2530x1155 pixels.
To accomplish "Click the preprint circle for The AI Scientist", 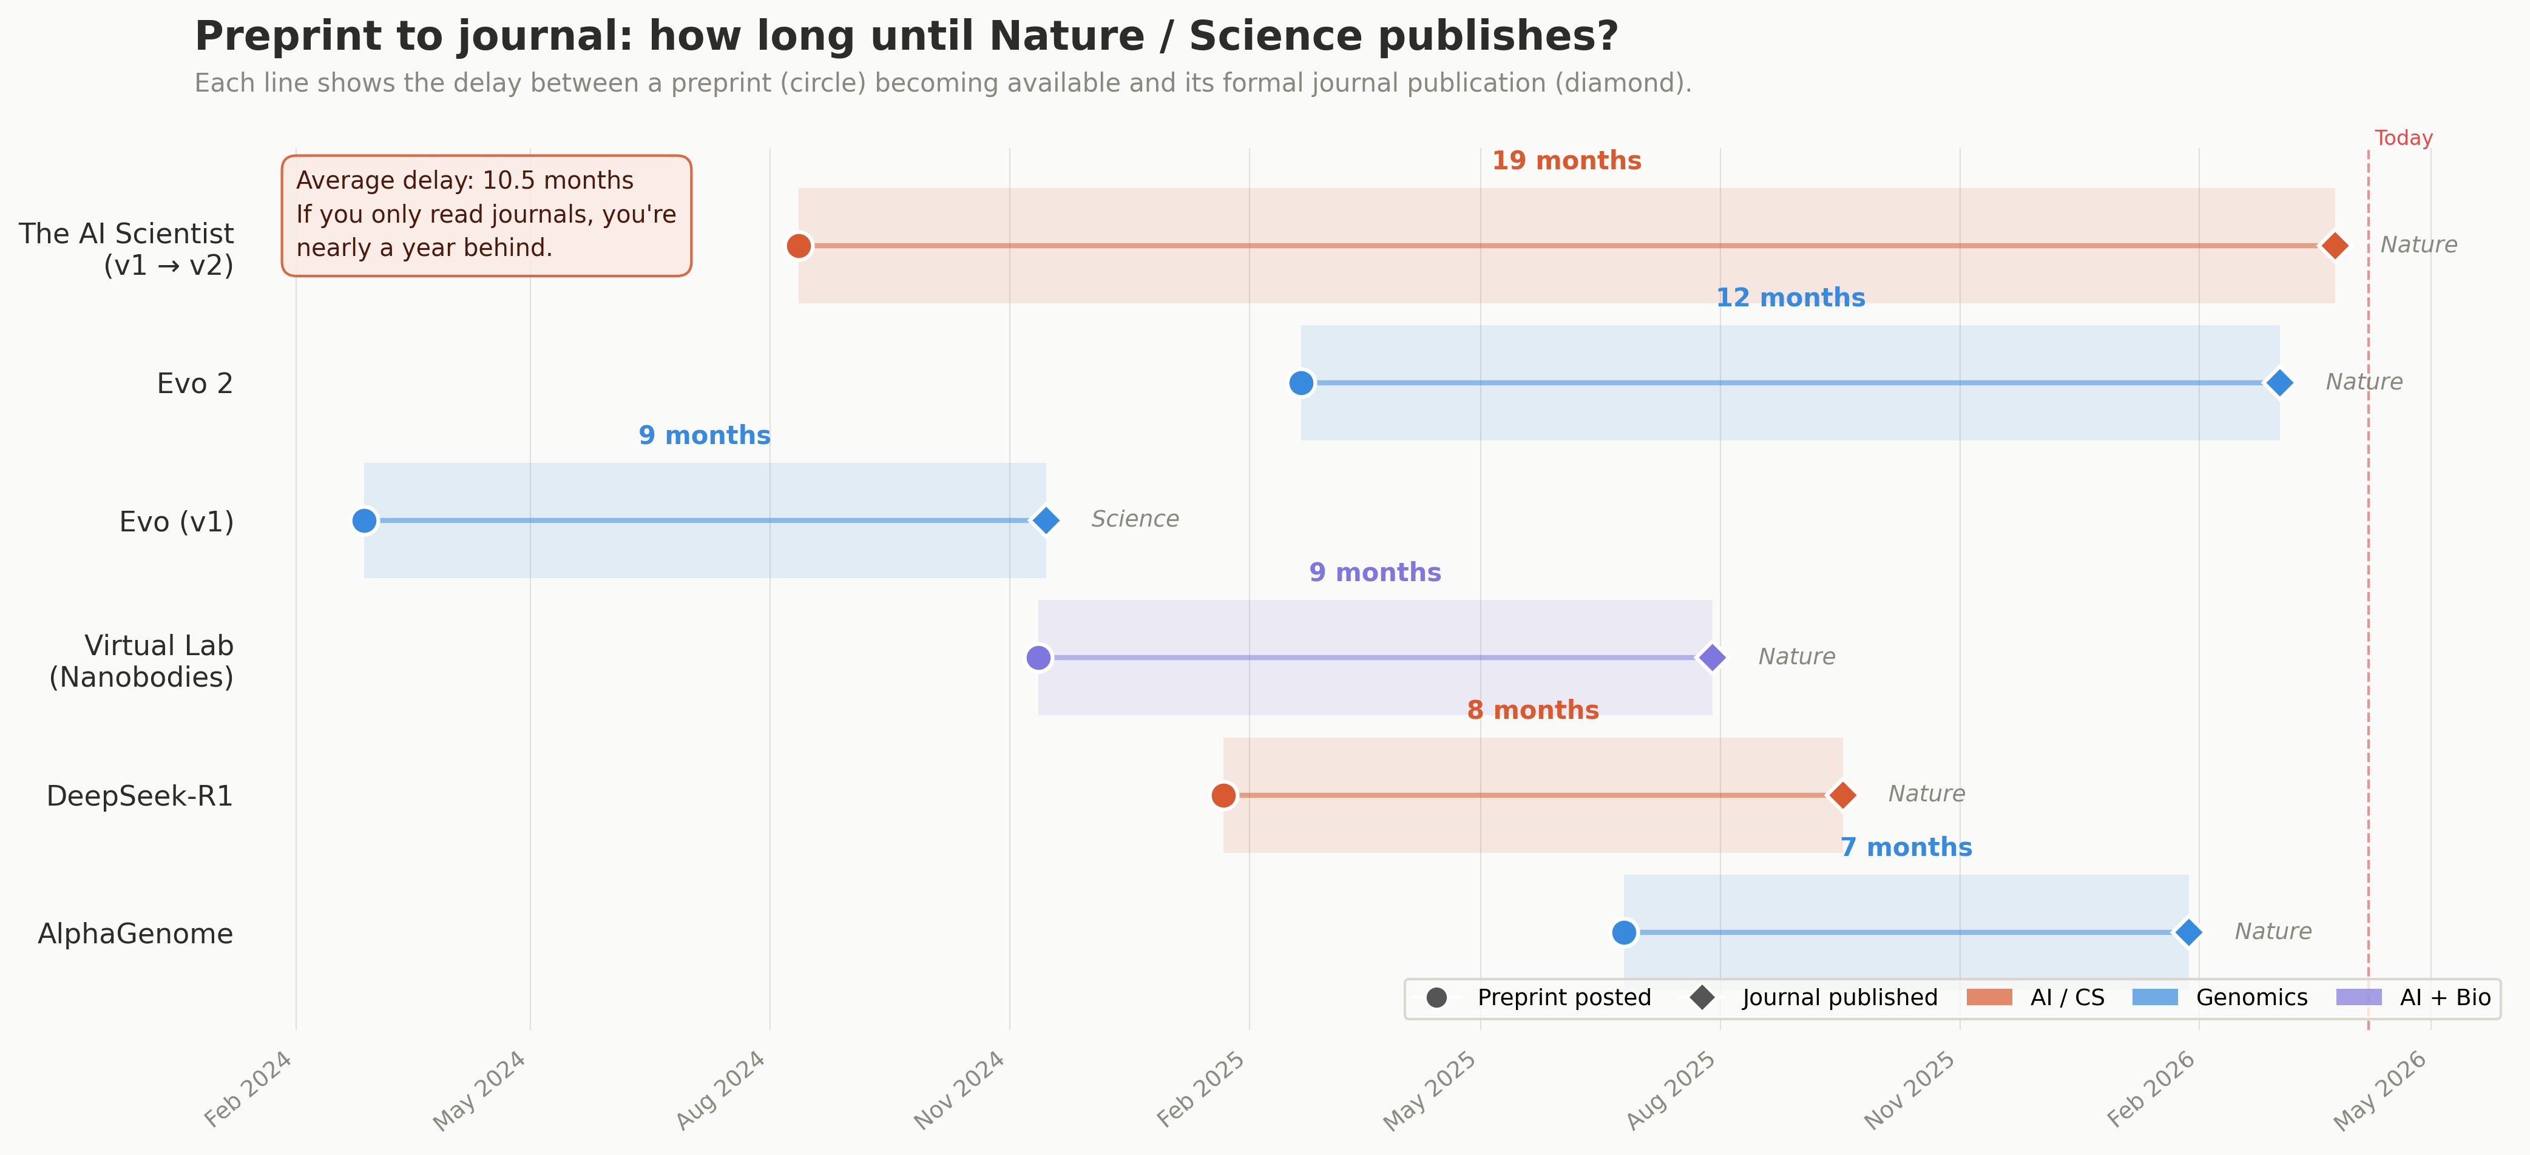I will [x=799, y=246].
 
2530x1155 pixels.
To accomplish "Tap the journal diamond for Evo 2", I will [x=2279, y=383].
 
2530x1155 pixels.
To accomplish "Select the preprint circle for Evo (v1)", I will [x=364, y=520].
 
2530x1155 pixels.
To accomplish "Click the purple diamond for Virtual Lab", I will [x=1712, y=657].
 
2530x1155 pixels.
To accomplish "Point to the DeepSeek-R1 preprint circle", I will [x=1223, y=795].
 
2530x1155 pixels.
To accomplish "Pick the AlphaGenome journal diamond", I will [x=2187, y=932].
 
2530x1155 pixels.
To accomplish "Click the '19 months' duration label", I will [x=1566, y=161].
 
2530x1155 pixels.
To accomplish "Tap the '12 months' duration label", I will [x=1790, y=298].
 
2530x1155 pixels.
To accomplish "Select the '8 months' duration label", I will [x=1532, y=710].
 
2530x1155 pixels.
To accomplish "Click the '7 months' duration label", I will [x=1906, y=847].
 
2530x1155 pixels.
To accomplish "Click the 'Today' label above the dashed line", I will [x=2403, y=138].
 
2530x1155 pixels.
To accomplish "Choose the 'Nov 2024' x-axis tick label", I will [x=959, y=1089].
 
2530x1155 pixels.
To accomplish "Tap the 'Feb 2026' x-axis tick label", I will [x=2151, y=1089].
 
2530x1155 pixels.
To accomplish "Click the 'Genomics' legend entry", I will [x=2250, y=998].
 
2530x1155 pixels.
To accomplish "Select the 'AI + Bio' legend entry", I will [x=2444, y=998].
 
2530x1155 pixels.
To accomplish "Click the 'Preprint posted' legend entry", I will [x=1563, y=998].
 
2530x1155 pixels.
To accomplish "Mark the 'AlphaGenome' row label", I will [x=135, y=934].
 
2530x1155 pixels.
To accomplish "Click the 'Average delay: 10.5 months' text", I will [x=465, y=181].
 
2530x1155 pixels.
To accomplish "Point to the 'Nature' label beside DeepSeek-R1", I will [x=1926, y=793].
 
